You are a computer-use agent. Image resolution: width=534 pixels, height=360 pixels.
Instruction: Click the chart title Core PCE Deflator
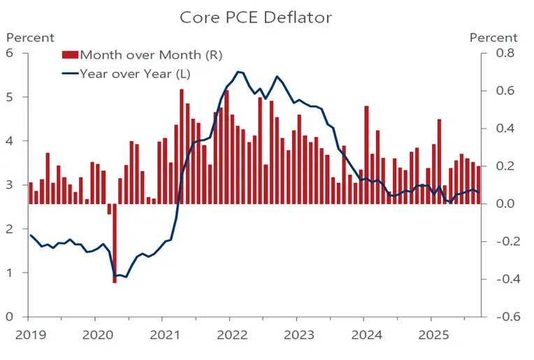[x=255, y=17]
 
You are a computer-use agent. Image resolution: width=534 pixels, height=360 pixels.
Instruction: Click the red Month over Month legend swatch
[x=70, y=54]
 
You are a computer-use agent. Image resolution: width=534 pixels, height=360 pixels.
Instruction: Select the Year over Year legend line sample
[x=70, y=72]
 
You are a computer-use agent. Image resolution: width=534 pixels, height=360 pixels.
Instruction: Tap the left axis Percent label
[x=30, y=37]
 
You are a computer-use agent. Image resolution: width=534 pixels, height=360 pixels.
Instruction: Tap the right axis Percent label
[x=493, y=37]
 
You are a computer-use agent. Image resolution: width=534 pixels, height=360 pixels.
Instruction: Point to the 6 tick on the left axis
[x=10, y=53]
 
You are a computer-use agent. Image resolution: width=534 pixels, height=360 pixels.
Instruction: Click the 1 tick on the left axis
[x=10, y=273]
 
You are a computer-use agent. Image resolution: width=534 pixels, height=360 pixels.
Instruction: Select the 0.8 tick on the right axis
[x=504, y=53]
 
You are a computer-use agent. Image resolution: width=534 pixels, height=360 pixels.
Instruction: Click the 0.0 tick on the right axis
[x=504, y=204]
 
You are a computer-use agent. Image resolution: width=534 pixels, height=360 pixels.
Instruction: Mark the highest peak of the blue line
[x=238, y=71]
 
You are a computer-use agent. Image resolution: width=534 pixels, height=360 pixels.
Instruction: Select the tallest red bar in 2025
[x=439, y=161]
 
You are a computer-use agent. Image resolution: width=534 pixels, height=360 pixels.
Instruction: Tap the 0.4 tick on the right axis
[x=504, y=129]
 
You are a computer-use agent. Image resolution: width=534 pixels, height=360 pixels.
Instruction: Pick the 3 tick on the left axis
[x=10, y=185]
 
